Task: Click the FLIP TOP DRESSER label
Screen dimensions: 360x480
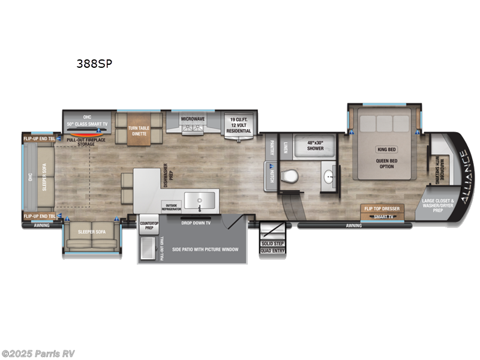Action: point(382,209)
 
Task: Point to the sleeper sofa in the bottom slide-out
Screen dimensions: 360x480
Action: point(91,236)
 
